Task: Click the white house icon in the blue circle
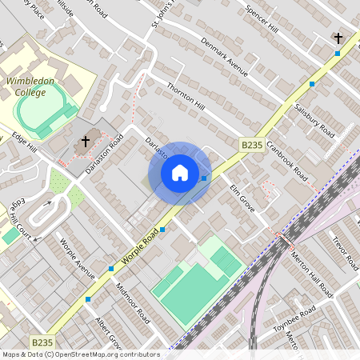pos(180,173)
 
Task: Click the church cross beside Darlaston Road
pos(85,142)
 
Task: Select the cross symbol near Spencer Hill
pos(338,38)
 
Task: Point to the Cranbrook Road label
pos(288,161)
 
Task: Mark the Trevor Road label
pos(346,251)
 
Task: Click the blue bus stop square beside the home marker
pos(205,178)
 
